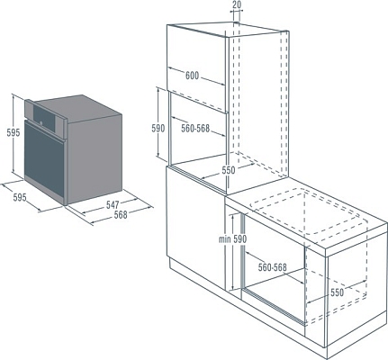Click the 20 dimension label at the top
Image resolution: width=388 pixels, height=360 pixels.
[x=236, y=4]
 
